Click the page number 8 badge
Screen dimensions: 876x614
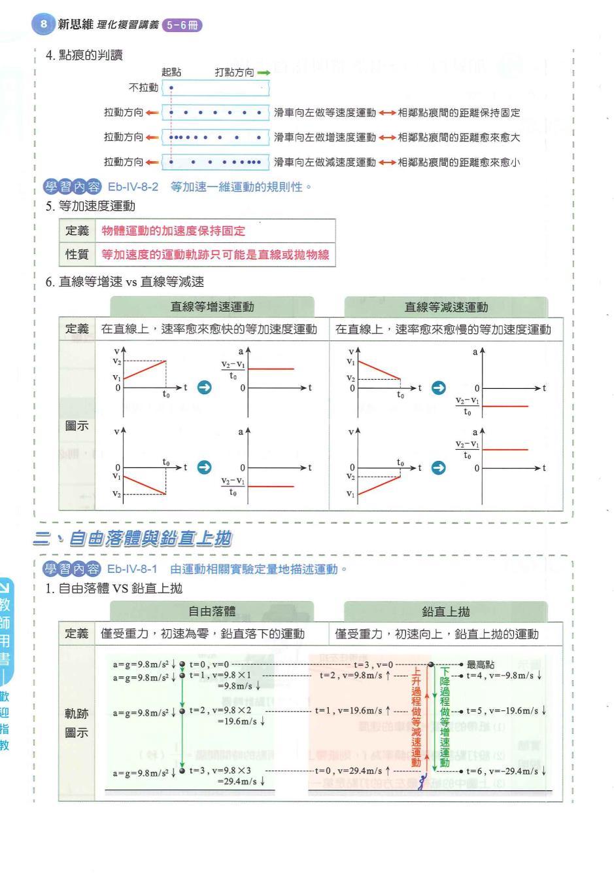[43, 24]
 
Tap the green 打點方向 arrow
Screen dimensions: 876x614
[263, 73]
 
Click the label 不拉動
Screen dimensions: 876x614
[144, 87]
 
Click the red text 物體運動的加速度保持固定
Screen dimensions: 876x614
[173, 231]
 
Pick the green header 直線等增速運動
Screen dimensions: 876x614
[212, 306]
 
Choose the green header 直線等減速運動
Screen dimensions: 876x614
[446, 306]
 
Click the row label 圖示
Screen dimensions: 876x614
[77, 426]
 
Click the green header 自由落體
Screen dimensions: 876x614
[212, 611]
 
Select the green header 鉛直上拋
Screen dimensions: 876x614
[446, 611]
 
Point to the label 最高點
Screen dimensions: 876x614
[481, 665]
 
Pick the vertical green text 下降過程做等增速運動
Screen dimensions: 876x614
[445, 717]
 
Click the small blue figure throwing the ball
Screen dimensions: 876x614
[424, 781]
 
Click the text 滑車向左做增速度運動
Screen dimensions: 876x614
[324, 137]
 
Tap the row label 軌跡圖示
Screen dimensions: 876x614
[77, 723]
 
